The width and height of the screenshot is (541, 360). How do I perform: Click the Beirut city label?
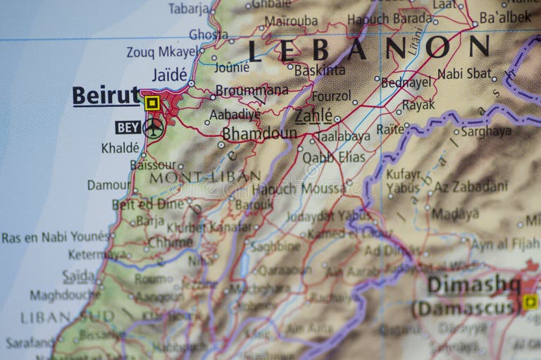[106, 96]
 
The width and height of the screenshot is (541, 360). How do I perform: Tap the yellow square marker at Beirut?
[151, 104]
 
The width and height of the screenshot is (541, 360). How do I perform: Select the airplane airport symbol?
[153, 128]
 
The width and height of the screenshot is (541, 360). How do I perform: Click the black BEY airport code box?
[128, 128]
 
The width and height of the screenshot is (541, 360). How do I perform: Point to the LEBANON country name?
[368, 48]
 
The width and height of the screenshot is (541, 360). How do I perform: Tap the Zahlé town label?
[313, 115]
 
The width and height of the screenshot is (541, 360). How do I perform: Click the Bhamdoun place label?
[259, 133]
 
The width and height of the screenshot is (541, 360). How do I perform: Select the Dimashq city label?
[473, 285]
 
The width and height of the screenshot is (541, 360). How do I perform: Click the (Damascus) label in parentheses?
[466, 308]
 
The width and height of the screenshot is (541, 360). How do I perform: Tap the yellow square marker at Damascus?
[530, 302]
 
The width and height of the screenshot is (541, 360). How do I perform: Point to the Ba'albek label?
[505, 16]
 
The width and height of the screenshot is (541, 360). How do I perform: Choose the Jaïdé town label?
[170, 75]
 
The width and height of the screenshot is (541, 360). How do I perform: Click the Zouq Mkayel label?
[162, 51]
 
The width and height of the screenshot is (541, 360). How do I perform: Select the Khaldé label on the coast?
[120, 148]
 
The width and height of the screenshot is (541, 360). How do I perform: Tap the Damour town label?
[108, 185]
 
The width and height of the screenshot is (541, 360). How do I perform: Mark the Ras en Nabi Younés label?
[56, 237]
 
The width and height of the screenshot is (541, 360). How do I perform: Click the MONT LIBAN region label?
[204, 177]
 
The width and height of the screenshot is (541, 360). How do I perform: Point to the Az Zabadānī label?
[470, 187]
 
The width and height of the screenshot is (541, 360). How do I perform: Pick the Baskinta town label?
[320, 70]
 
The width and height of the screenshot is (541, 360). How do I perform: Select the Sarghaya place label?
[486, 131]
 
